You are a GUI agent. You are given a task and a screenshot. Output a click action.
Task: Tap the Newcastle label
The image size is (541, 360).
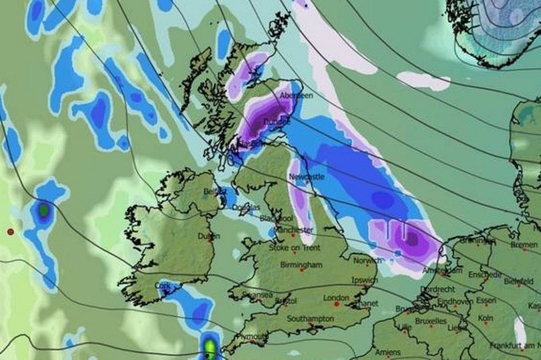(307, 177)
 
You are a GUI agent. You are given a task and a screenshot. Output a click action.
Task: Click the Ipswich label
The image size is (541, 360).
(365, 280)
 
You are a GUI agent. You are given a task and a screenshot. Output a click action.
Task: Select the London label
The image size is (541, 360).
(336, 298)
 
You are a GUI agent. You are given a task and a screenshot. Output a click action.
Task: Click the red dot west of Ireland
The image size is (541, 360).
(10, 232)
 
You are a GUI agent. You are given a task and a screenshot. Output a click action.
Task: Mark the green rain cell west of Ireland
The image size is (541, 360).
(44, 211)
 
